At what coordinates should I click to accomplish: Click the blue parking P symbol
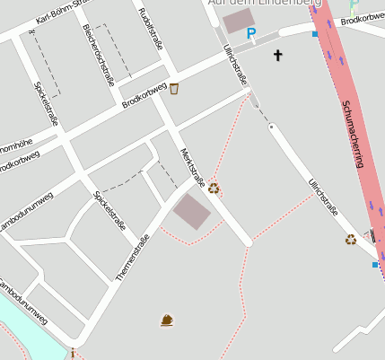coord(251,34)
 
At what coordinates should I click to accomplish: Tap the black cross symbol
coord(277,56)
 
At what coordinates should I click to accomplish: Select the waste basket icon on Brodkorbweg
coord(174,88)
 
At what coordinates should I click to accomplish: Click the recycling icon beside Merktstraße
coord(214,189)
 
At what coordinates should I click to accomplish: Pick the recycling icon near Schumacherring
coord(351,239)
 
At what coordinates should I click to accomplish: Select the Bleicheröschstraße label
coord(98,54)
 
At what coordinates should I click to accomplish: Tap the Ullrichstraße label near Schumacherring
coord(323,198)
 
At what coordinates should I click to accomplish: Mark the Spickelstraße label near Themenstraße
coord(109,211)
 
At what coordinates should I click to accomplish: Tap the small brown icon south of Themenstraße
coord(166,320)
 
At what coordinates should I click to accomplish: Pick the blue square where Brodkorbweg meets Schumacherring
coord(315,34)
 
